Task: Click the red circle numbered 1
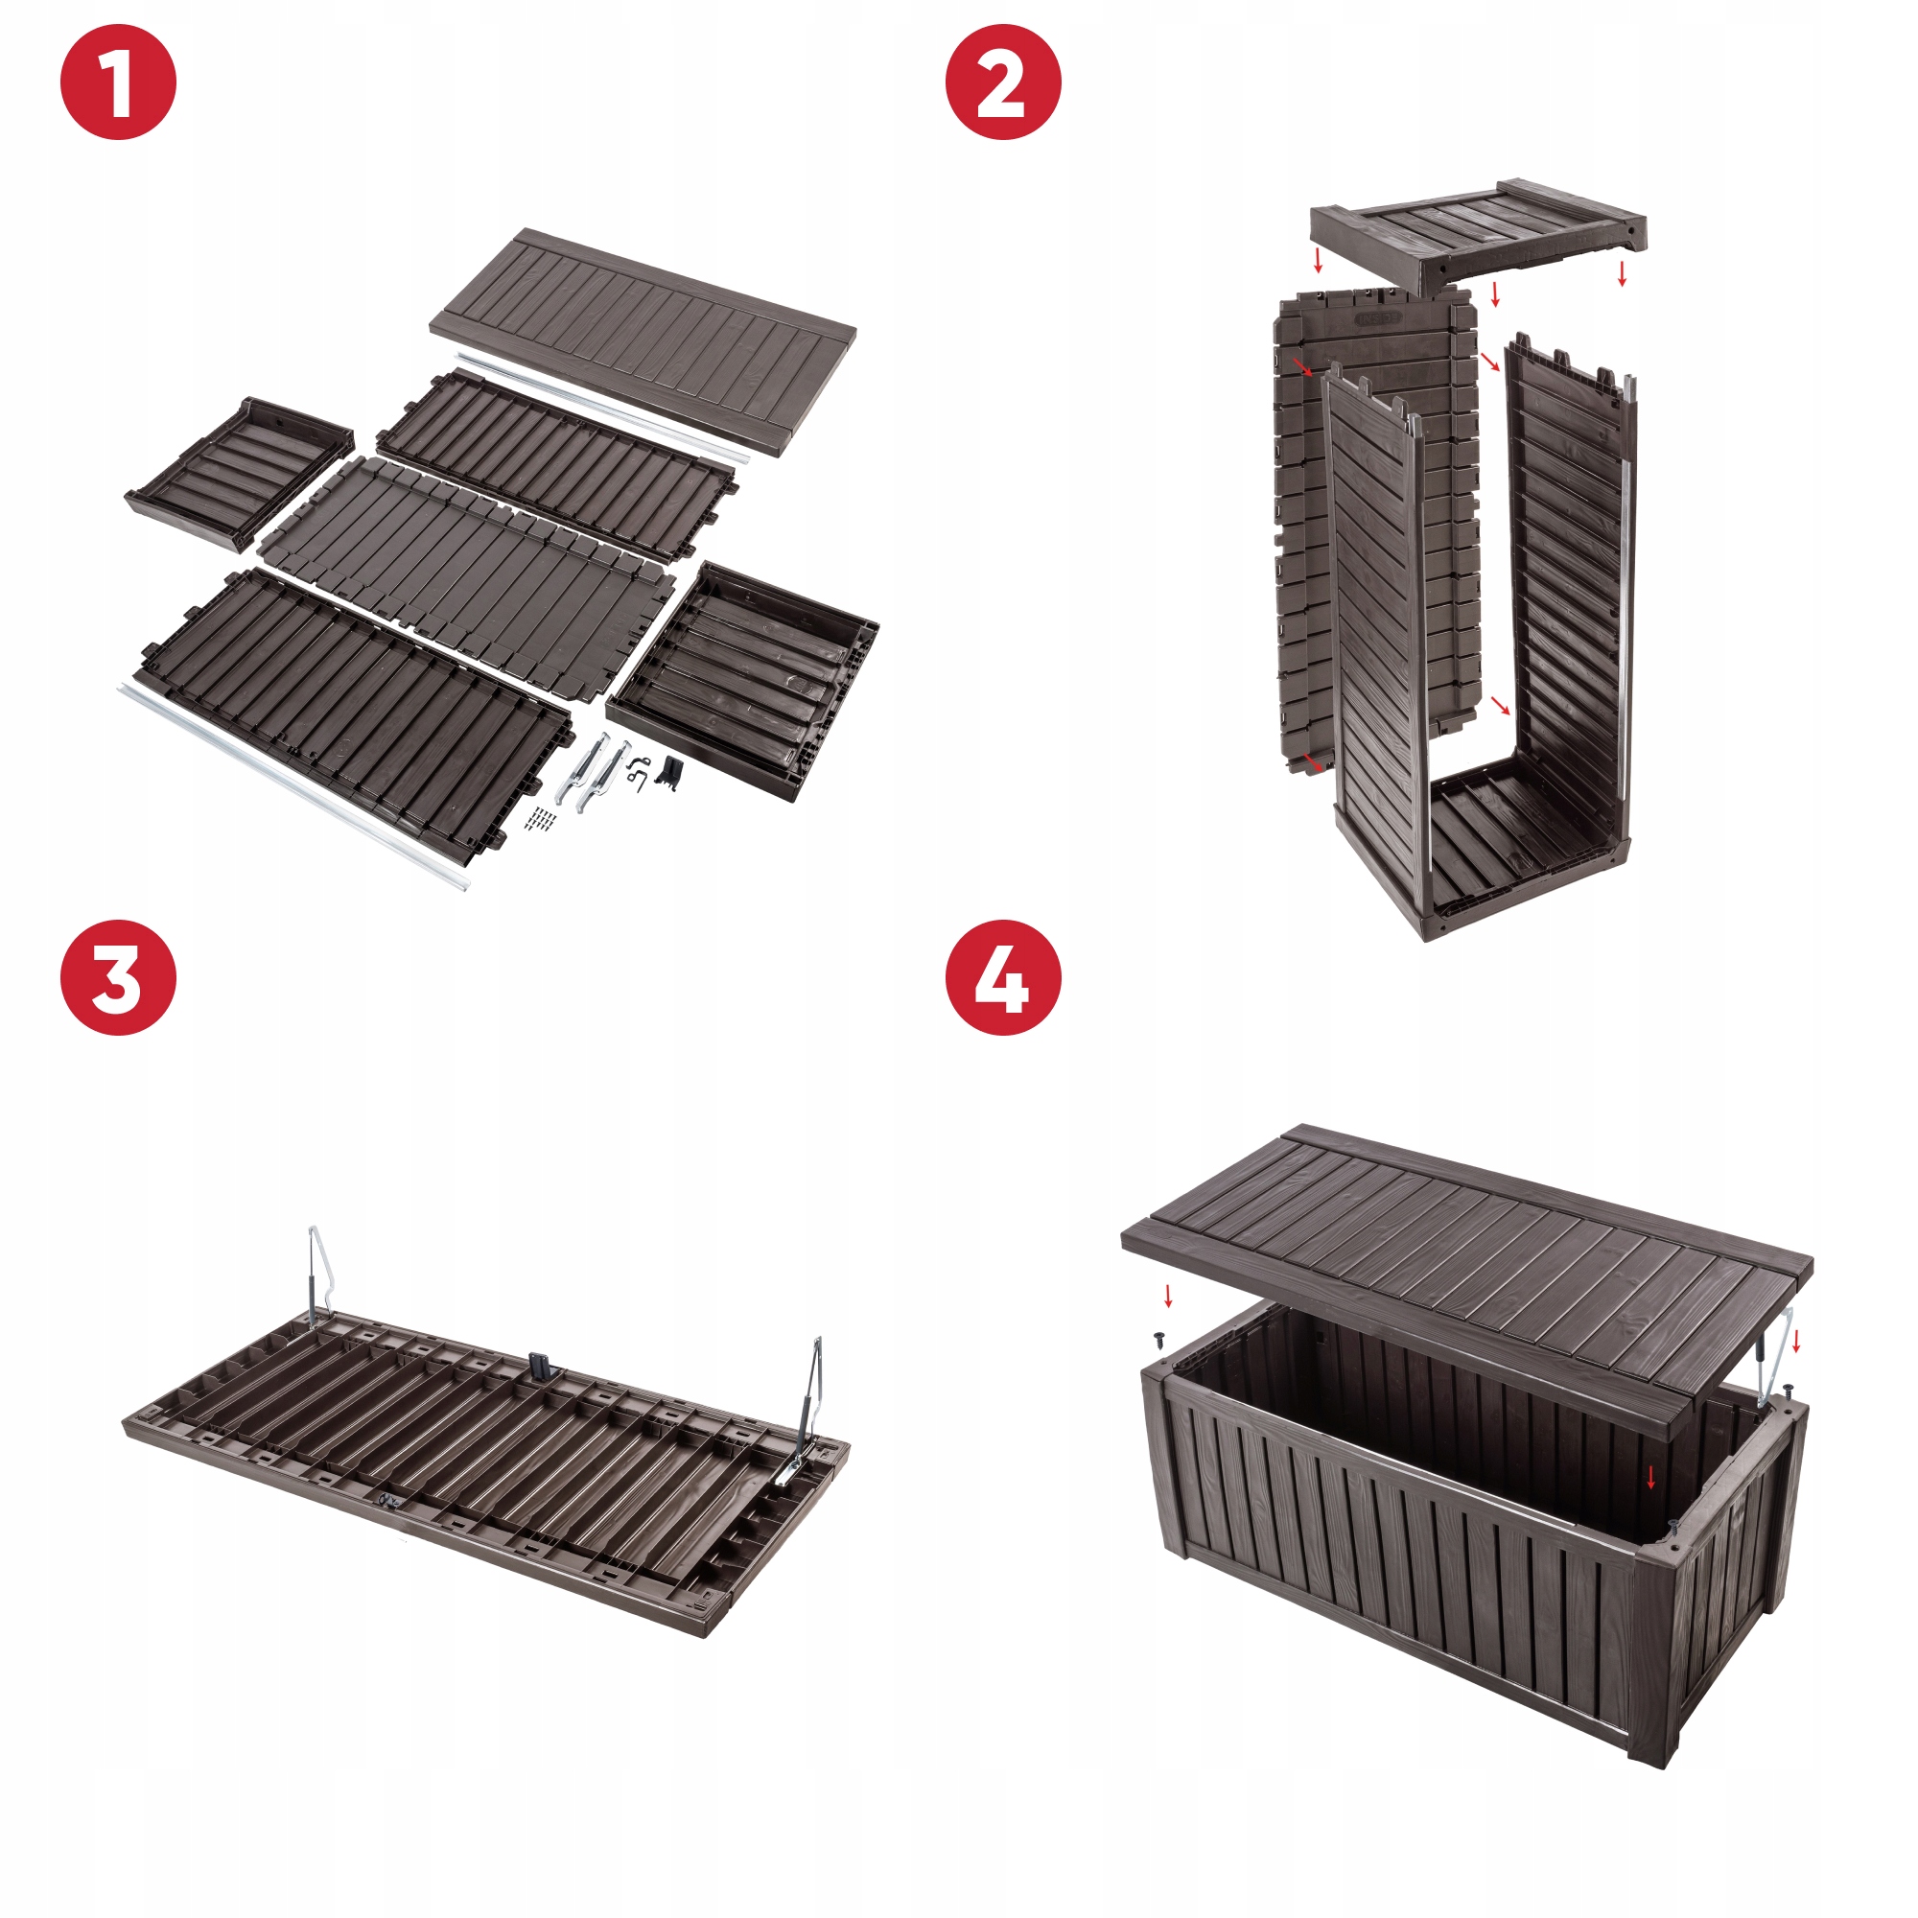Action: click(x=118, y=82)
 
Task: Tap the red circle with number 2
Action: click(x=1003, y=82)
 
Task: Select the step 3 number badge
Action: click(x=118, y=978)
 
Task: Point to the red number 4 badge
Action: click(x=1003, y=978)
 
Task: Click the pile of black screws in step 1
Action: click(x=541, y=819)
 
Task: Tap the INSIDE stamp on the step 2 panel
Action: click(x=1379, y=318)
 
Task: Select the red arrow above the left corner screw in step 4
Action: click(x=1168, y=1296)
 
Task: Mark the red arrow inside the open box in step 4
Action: click(x=1651, y=1477)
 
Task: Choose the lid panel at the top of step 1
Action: click(x=643, y=341)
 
